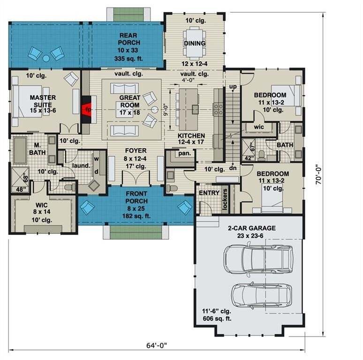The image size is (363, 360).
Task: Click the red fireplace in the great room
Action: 88,109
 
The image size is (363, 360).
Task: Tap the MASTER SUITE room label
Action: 43,101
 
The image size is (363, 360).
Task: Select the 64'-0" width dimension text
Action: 157,345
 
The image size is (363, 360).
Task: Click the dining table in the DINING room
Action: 195,43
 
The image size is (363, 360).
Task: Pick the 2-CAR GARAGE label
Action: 252,228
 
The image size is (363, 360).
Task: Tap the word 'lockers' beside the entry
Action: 225,199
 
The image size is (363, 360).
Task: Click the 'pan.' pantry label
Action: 184,153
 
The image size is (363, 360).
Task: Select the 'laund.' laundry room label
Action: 81,165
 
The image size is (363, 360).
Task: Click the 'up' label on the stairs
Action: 233,87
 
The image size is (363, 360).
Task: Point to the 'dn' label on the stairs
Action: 233,168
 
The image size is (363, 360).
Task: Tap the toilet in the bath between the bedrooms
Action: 261,155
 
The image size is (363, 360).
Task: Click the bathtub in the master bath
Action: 20,150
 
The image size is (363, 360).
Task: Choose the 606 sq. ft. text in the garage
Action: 217,319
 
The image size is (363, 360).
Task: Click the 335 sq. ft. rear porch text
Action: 129,59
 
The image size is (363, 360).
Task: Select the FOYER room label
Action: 136,150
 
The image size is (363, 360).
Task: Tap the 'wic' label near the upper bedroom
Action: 259,127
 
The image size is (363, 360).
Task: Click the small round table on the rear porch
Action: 46,58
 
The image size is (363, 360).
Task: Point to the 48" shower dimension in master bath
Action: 21,189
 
